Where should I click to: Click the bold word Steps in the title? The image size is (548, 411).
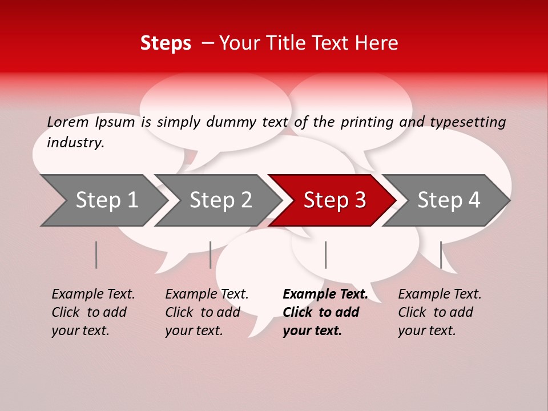coord(166,43)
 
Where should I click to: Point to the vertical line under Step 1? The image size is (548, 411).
coord(96,255)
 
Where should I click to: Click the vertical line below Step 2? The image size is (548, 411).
coord(211,255)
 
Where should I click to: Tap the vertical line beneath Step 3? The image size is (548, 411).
coord(325,255)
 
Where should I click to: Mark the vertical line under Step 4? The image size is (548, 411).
coord(441,255)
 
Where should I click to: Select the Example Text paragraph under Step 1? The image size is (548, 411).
coord(93,312)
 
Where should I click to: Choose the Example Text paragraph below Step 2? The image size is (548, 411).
coord(207,312)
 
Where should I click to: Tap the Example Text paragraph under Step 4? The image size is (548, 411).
coord(440,312)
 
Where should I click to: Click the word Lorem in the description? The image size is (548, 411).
coord(68,122)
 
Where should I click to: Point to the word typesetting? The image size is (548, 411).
coord(468,122)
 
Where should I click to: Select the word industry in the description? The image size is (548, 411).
coord(75,143)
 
